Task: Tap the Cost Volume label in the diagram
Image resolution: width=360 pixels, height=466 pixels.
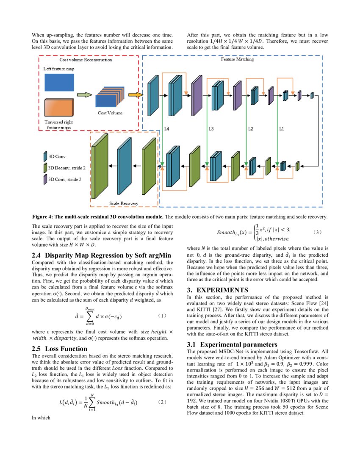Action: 110,113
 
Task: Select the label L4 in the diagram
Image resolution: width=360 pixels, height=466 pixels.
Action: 167,128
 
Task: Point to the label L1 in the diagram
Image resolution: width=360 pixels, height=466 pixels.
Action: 281,128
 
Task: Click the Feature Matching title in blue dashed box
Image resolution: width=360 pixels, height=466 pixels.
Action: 238,60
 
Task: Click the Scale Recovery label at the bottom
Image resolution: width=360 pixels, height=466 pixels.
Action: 124,203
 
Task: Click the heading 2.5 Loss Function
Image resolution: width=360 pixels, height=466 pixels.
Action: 60,349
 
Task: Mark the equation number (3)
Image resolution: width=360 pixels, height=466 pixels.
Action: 317,233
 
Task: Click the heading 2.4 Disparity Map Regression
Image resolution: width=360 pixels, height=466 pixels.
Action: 101,255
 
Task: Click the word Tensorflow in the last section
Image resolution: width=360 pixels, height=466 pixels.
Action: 305,352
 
